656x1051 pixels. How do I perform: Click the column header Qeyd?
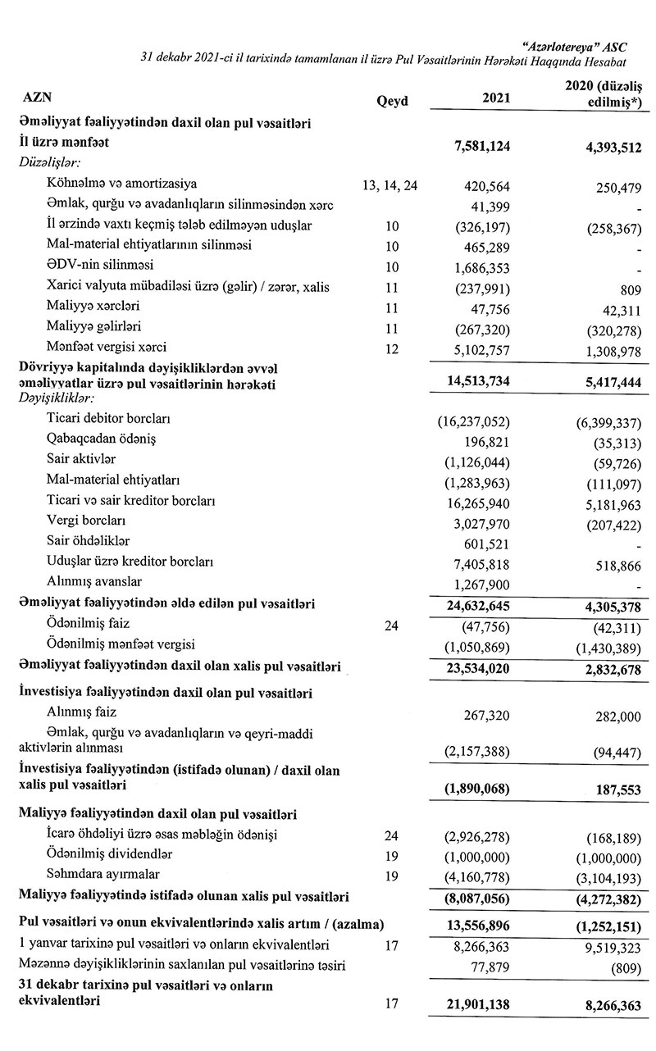tap(390, 102)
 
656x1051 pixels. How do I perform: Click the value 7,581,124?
tap(482, 144)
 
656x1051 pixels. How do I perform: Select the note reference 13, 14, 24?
tap(389, 184)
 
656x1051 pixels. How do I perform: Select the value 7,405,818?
tap(481, 562)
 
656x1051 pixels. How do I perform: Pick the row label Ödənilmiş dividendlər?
tap(103, 854)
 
